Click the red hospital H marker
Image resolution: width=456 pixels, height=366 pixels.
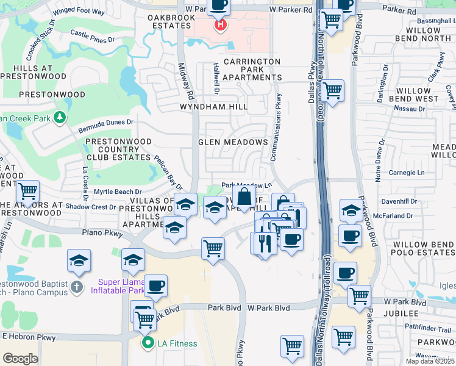(220, 26)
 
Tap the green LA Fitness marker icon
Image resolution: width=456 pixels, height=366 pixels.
(148, 343)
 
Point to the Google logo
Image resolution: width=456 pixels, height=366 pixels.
(20, 359)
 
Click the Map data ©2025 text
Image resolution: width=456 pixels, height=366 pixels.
(430, 361)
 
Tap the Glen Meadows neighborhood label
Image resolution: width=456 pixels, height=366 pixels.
(233, 142)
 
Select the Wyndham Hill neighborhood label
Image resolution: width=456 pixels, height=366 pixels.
(213, 107)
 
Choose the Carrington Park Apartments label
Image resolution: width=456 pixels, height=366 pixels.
(252, 70)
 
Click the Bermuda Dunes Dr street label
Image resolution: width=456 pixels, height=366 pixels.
(105, 126)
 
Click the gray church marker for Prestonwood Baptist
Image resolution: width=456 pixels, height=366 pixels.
(76, 287)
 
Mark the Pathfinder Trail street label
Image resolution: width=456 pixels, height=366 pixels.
(428, 328)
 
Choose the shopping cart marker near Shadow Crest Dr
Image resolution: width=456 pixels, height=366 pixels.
(27, 192)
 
